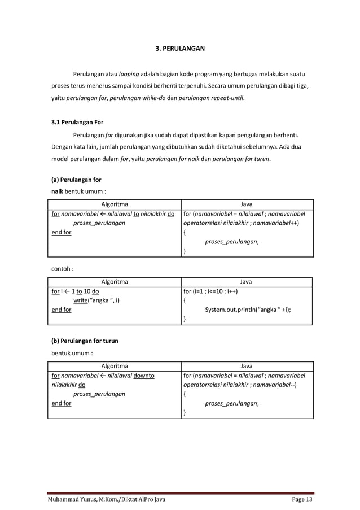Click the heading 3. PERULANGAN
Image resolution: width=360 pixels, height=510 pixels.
180,49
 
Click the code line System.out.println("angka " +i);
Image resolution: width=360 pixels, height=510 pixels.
252,310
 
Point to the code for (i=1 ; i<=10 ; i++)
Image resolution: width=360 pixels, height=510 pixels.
210,292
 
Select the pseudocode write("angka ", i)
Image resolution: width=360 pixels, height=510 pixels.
96,300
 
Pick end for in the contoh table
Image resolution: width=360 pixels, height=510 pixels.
62,310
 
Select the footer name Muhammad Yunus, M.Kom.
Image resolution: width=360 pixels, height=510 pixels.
84,500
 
